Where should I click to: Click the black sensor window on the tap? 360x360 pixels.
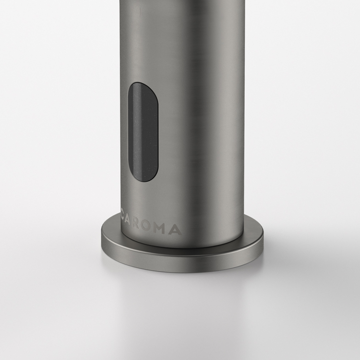(143, 132)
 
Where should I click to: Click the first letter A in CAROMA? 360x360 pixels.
(128, 222)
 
